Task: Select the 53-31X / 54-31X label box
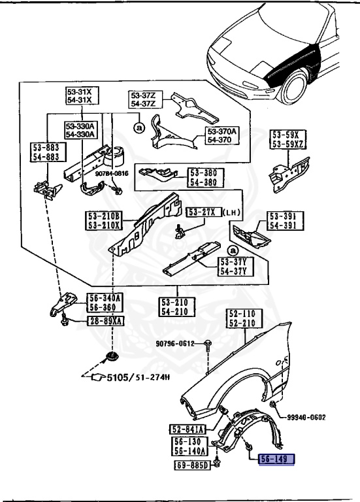tap(79, 97)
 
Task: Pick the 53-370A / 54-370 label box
tap(220, 136)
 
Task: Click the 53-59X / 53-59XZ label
tap(285, 139)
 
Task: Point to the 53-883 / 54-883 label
tap(45, 152)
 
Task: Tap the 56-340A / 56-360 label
tap(104, 303)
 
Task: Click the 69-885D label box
tap(191, 465)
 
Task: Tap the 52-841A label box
tap(188, 429)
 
